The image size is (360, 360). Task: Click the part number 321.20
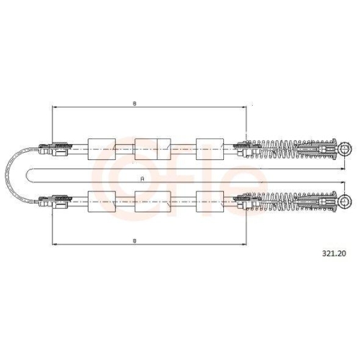click(x=334, y=253)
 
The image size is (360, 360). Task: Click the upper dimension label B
click(x=135, y=104)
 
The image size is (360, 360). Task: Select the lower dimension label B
click(x=135, y=241)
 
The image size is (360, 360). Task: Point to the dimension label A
click(x=143, y=179)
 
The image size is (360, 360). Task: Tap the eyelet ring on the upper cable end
click(x=345, y=149)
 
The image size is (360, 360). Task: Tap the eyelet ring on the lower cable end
click(x=345, y=202)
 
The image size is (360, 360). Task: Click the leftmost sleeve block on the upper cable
click(x=102, y=149)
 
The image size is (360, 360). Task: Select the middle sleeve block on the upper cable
click(x=153, y=149)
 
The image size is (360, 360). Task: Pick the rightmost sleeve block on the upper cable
click(x=210, y=149)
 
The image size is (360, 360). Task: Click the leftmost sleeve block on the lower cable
click(x=102, y=202)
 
